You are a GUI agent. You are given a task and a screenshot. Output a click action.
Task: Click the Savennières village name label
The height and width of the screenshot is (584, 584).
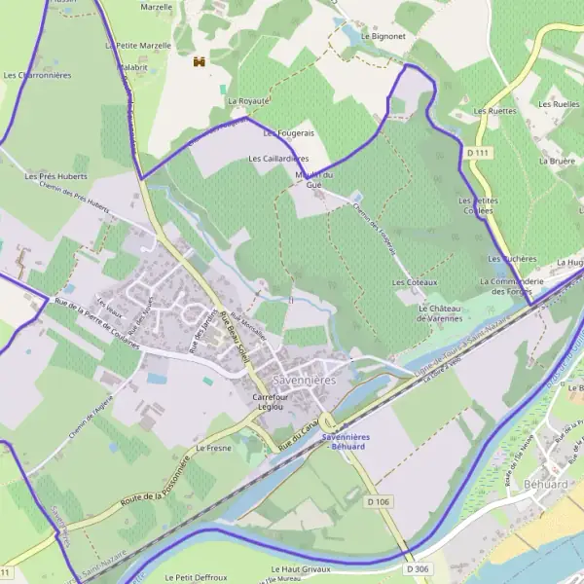click(304, 380)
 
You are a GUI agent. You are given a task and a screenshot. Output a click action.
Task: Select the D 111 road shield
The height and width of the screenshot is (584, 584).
click(476, 153)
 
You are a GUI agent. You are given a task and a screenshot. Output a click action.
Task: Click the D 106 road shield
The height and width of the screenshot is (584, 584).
click(379, 502)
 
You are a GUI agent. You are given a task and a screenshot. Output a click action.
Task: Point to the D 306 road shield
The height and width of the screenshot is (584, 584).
click(417, 568)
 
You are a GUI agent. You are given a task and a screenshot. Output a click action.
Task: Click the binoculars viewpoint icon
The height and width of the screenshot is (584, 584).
click(200, 61)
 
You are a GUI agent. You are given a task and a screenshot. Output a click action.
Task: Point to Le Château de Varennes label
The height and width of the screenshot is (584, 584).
click(439, 312)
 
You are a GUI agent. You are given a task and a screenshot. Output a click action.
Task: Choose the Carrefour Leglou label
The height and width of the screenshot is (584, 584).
click(274, 404)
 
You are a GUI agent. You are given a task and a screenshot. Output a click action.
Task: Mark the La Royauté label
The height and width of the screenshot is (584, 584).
click(248, 100)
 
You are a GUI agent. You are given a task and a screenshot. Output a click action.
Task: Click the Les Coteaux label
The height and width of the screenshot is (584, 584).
click(415, 282)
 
